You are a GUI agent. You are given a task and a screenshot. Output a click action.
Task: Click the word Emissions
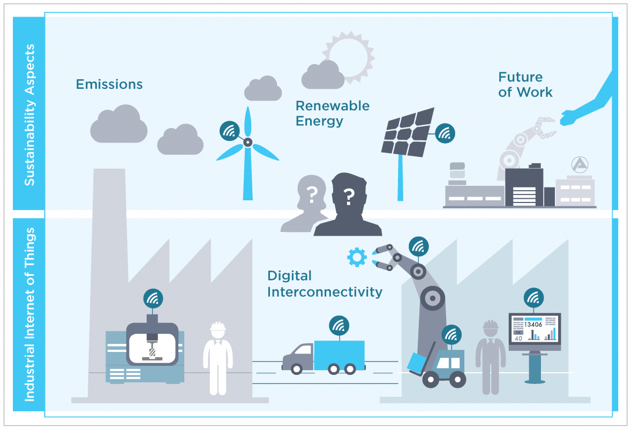coord(109,84)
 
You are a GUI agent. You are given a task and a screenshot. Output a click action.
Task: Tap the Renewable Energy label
coord(332,113)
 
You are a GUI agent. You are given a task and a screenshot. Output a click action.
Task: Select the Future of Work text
coord(525,85)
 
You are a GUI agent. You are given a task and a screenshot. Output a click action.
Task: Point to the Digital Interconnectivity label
coord(325,284)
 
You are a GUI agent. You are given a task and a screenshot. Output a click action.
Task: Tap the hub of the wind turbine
coord(247,142)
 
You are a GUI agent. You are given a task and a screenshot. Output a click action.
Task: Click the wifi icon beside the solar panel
coord(445,133)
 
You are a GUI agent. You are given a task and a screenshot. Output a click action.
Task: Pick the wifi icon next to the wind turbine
coord(230,131)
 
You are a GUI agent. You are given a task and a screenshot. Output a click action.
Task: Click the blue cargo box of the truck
coord(339,355)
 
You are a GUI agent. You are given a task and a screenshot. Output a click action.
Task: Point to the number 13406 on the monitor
coord(533,324)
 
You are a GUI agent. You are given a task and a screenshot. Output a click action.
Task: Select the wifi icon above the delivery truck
coord(339,325)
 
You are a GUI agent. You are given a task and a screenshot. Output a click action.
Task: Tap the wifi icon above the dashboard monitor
coord(533,298)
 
